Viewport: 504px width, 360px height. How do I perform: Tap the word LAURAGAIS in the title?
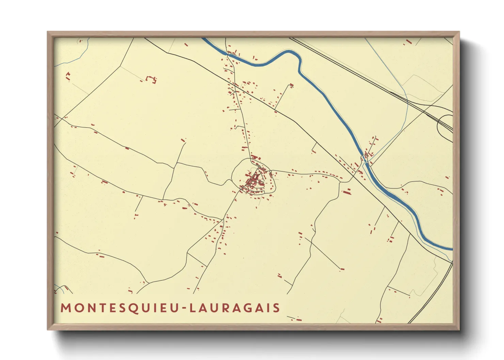coord(235,308)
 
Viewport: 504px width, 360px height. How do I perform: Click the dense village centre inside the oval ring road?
coord(254,181)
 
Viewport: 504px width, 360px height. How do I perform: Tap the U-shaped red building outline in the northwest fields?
coord(151,80)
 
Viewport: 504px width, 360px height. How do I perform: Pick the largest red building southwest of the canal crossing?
coord(347,192)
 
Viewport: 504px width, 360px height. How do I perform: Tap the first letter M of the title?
coord(65,308)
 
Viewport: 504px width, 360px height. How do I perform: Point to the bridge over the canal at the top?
coord(227,53)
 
